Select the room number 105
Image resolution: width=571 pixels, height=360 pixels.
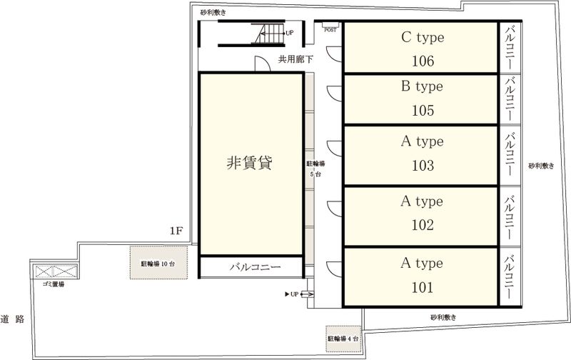point(423,111)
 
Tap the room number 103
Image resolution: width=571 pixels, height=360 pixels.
point(423,166)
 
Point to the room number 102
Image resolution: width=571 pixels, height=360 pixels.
point(423,225)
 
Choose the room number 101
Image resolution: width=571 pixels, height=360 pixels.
point(423,288)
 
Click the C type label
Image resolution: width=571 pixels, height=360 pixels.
point(423,36)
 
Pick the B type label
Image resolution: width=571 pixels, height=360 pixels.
point(423,86)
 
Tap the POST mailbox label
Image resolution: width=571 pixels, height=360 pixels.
point(330,30)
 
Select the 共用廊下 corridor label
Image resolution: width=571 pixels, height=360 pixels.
point(295,60)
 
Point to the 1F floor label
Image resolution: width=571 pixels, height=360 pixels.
point(177,231)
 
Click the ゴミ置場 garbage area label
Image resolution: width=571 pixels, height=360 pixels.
point(54,284)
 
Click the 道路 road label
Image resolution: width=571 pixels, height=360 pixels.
point(13,319)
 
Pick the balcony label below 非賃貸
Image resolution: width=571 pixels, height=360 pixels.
point(255,268)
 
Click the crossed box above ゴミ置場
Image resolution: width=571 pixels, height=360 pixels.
point(54,271)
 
